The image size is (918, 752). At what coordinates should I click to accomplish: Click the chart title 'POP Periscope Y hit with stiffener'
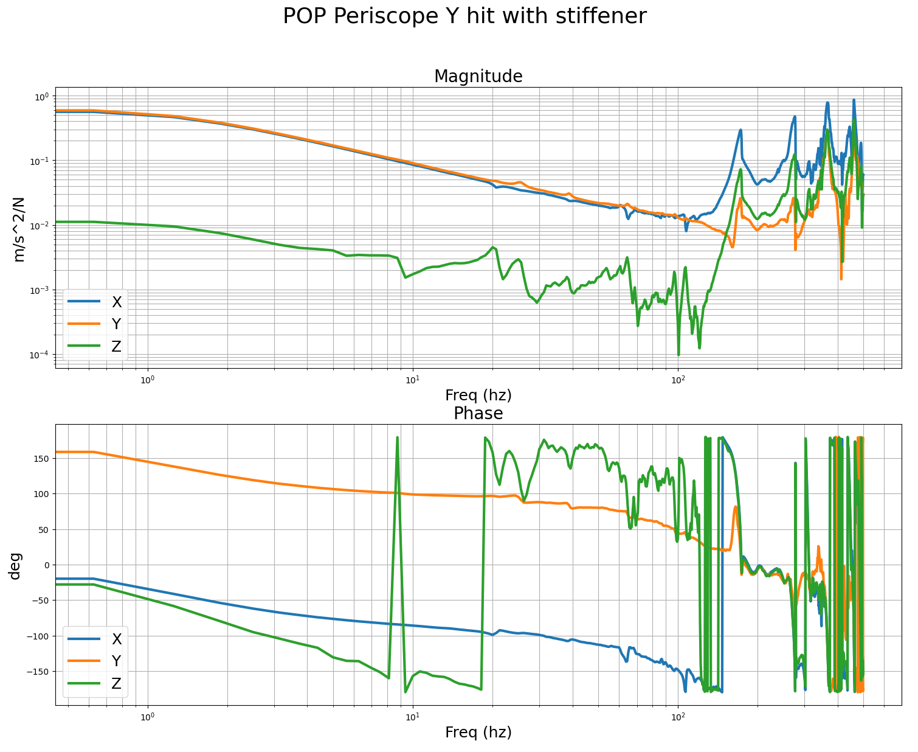[464, 16]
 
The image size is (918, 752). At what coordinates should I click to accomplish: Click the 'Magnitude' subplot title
[478, 77]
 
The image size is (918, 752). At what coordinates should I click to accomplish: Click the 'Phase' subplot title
[478, 414]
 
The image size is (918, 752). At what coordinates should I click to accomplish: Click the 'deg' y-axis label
[15, 565]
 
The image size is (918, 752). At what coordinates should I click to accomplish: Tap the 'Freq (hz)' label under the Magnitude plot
[478, 395]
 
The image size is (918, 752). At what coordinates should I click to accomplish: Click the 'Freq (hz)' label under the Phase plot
[478, 733]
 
